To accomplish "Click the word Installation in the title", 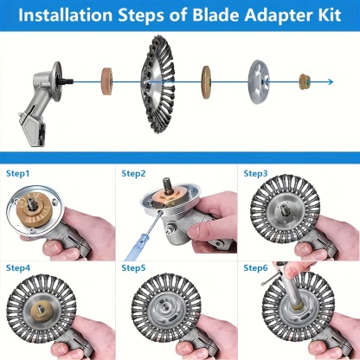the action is [x=66, y=15].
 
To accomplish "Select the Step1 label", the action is [x=18, y=174].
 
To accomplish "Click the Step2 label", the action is [x=133, y=174].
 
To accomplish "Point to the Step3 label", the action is [x=255, y=174].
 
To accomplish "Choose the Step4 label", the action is [x=18, y=268].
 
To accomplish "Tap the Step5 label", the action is [x=133, y=268].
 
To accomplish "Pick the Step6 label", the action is [x=255, y=268].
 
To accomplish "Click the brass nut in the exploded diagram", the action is [x=305, y=81].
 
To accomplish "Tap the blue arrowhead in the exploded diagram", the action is [x=331, y=82].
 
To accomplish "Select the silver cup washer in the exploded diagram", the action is [x=259, y=82].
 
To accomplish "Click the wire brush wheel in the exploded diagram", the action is [x=157, y=84].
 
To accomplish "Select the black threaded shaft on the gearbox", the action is [x=67, y=81].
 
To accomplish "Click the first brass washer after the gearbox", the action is [x=106, y=81].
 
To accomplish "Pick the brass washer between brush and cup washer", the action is [x=206, y=82].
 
